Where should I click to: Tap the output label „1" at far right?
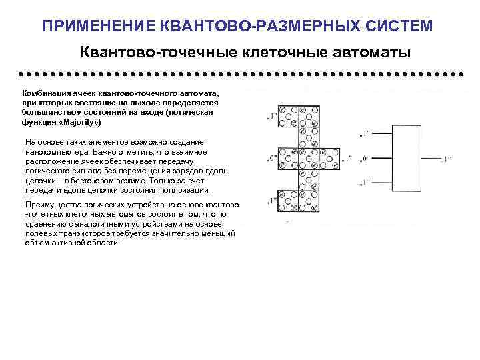coord(445,159)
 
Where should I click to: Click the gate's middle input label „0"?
coord(365,159)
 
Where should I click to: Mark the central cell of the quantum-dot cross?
coord(308,159)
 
